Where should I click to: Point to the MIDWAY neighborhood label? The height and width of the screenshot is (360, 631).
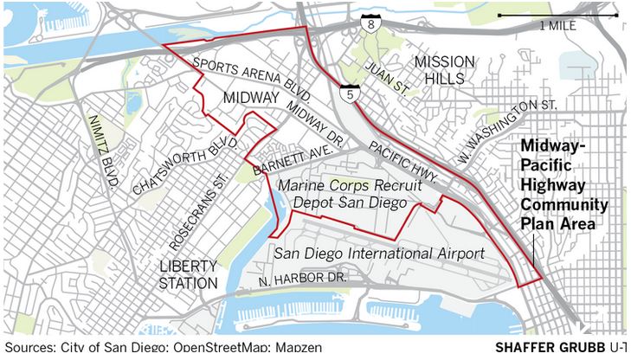click(x=249, y=99)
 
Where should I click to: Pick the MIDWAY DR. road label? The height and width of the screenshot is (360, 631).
click(x=316, y=122)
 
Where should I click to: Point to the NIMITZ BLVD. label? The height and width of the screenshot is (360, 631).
click(x=102, y=155)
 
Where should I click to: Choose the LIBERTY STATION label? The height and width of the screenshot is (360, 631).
click(x=189, y=274)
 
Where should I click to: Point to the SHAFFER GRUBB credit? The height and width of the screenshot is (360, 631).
click(x=550, y=347)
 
